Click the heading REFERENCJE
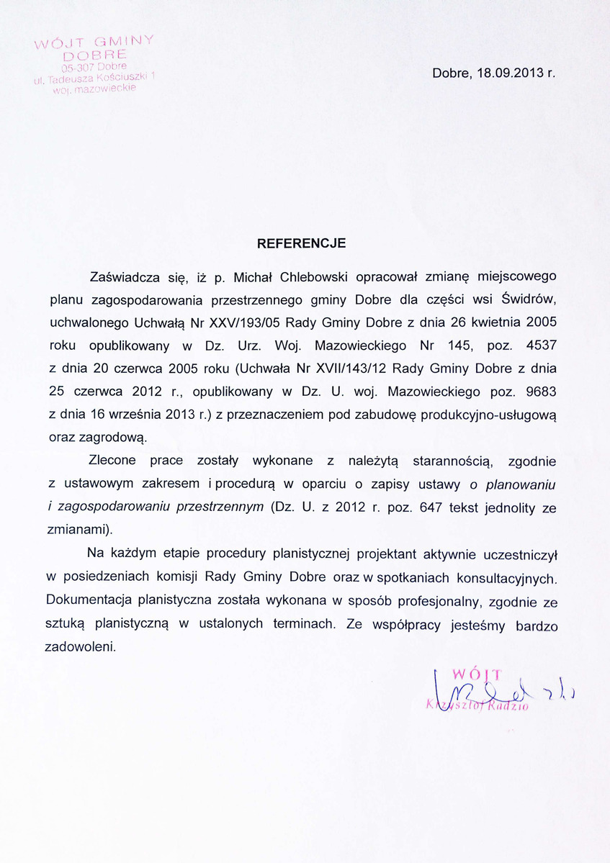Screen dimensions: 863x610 pos(302,243)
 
